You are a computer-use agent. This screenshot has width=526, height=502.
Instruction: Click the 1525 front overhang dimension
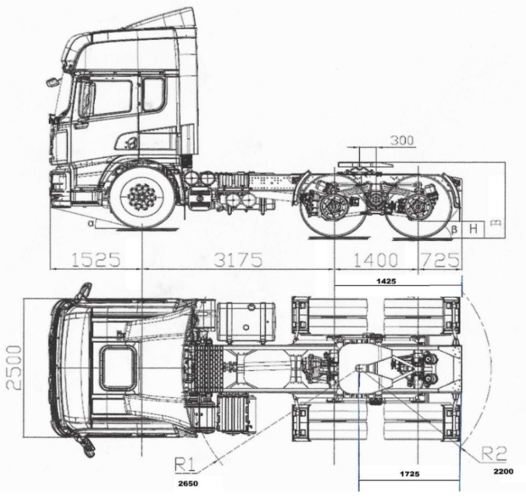click(x=96, y=259)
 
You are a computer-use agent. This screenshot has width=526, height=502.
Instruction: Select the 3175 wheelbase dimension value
click(x=238, y=259)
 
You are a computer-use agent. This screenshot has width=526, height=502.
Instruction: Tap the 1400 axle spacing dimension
click(x=376, y=260)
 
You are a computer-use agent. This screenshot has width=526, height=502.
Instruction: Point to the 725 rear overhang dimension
click(x=440, y=260)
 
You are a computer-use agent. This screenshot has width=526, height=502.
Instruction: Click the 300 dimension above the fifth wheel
click(x=402, y=140)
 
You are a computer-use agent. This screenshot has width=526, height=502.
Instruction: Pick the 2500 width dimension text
click(x=14, y=368)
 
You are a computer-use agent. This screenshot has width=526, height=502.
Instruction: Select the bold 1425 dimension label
click(x=386, y=281)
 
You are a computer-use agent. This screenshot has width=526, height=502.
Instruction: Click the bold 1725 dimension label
click(x=410, y=474)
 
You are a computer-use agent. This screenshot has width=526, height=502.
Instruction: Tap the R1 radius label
click(x=185, y=465)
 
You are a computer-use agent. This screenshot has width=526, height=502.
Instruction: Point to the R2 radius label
click(x=494, y=454)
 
